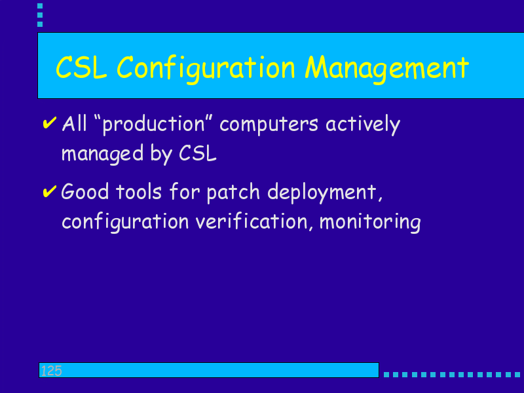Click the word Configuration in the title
click(206, 69)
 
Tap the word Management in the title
click(387, 69)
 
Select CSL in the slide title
click(81, 68)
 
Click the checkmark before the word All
click(50, 123)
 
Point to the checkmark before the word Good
click(50, 191)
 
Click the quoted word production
click(153, 125)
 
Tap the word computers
click(269, 124)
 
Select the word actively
click(363, 124)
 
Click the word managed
click(103, 154)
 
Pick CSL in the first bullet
click(198, 153)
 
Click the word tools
click(139, 192)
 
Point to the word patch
click(233, 193)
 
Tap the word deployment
click(325, 193)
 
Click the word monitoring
click(370, 222)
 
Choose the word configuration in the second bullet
click(125, 222)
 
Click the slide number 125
click(52, 371)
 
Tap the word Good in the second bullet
click(85, 191)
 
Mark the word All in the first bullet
click(75, 123)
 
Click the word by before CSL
click(161, 154)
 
